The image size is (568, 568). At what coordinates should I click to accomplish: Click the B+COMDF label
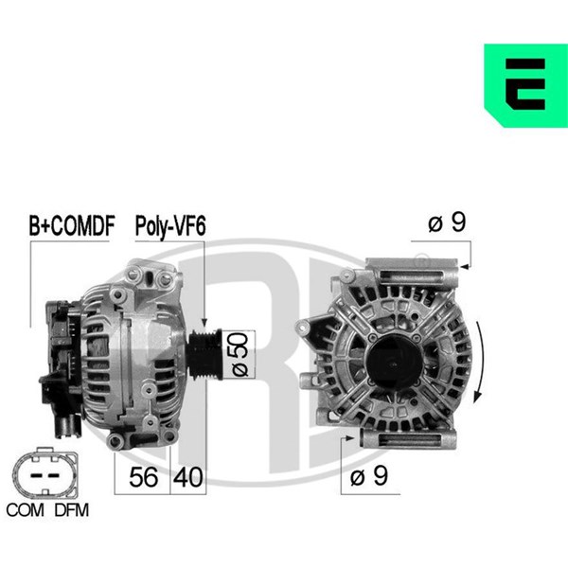[72, 225]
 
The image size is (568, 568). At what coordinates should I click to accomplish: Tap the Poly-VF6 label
[170, 226]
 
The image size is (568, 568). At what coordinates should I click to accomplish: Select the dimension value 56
[144, 477]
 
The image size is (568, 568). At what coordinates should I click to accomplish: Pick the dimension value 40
[187, 477]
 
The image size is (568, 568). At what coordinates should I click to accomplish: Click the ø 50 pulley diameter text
[240, 354]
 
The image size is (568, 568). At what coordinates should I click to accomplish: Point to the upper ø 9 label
[447, 222]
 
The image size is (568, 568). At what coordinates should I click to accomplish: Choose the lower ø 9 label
[369, 475]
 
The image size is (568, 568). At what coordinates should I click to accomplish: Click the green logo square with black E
[525, 85]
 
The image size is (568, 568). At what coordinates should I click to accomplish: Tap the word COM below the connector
[25, 510]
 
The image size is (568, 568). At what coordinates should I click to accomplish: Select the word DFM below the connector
[71, 510]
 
